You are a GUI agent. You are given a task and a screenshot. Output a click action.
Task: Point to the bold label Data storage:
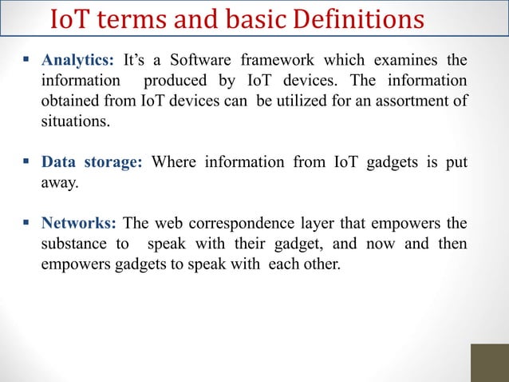pyautogui.click(x=92, y=162)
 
